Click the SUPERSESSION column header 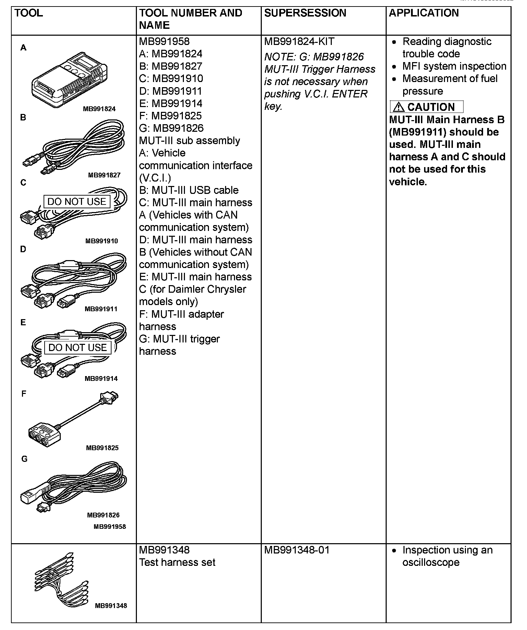[305, 13]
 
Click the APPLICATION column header [423, 13]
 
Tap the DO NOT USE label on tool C [77, 201]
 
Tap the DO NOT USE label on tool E [78, 348]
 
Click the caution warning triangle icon [398, 107]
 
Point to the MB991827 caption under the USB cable [104, 175]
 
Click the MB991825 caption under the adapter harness [102, 448]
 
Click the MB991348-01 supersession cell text [296, 550]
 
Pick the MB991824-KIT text [299, 42]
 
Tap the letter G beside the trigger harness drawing [24, 459]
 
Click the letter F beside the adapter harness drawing [24, 394]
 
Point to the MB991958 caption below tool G [110, 527]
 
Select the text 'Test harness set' [177, 563]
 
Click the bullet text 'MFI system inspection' [454, 66]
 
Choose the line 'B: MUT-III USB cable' [189, 190]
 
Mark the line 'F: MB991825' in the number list [170, 116]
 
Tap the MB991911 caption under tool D [101, 309]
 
